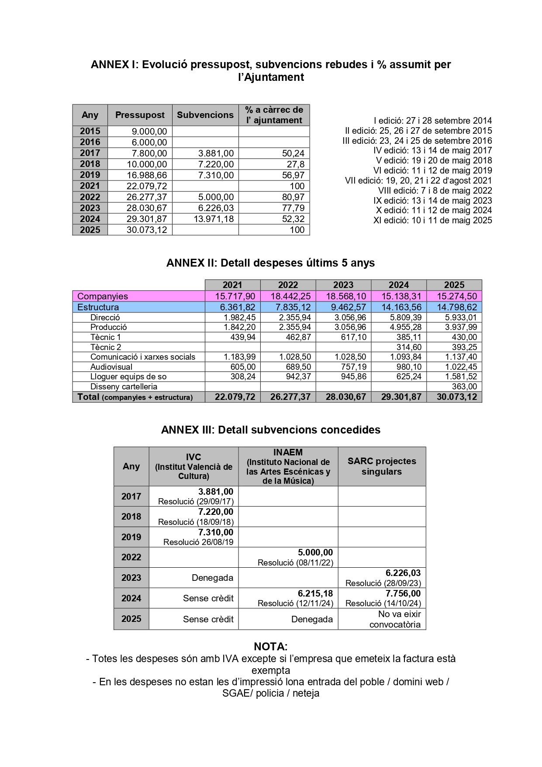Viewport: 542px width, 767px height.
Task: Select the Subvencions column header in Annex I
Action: pos(205,115)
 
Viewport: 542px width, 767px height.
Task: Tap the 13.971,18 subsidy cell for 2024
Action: pos(214,219)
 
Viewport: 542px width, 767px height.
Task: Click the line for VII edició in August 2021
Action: pos(418,180)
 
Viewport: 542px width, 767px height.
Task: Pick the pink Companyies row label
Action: pos(103,296)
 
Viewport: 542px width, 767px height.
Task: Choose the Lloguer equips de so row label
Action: pos(128,377)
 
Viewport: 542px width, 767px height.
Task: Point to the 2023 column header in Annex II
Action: pos(343,285)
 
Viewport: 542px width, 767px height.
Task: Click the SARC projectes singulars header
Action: pos(382,466)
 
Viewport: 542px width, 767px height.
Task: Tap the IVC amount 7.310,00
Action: pos(216,532)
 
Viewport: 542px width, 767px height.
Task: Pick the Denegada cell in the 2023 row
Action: pos(212,578)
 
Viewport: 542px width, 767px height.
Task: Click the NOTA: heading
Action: pos(271,646)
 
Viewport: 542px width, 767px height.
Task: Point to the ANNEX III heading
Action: pos(271,430)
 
